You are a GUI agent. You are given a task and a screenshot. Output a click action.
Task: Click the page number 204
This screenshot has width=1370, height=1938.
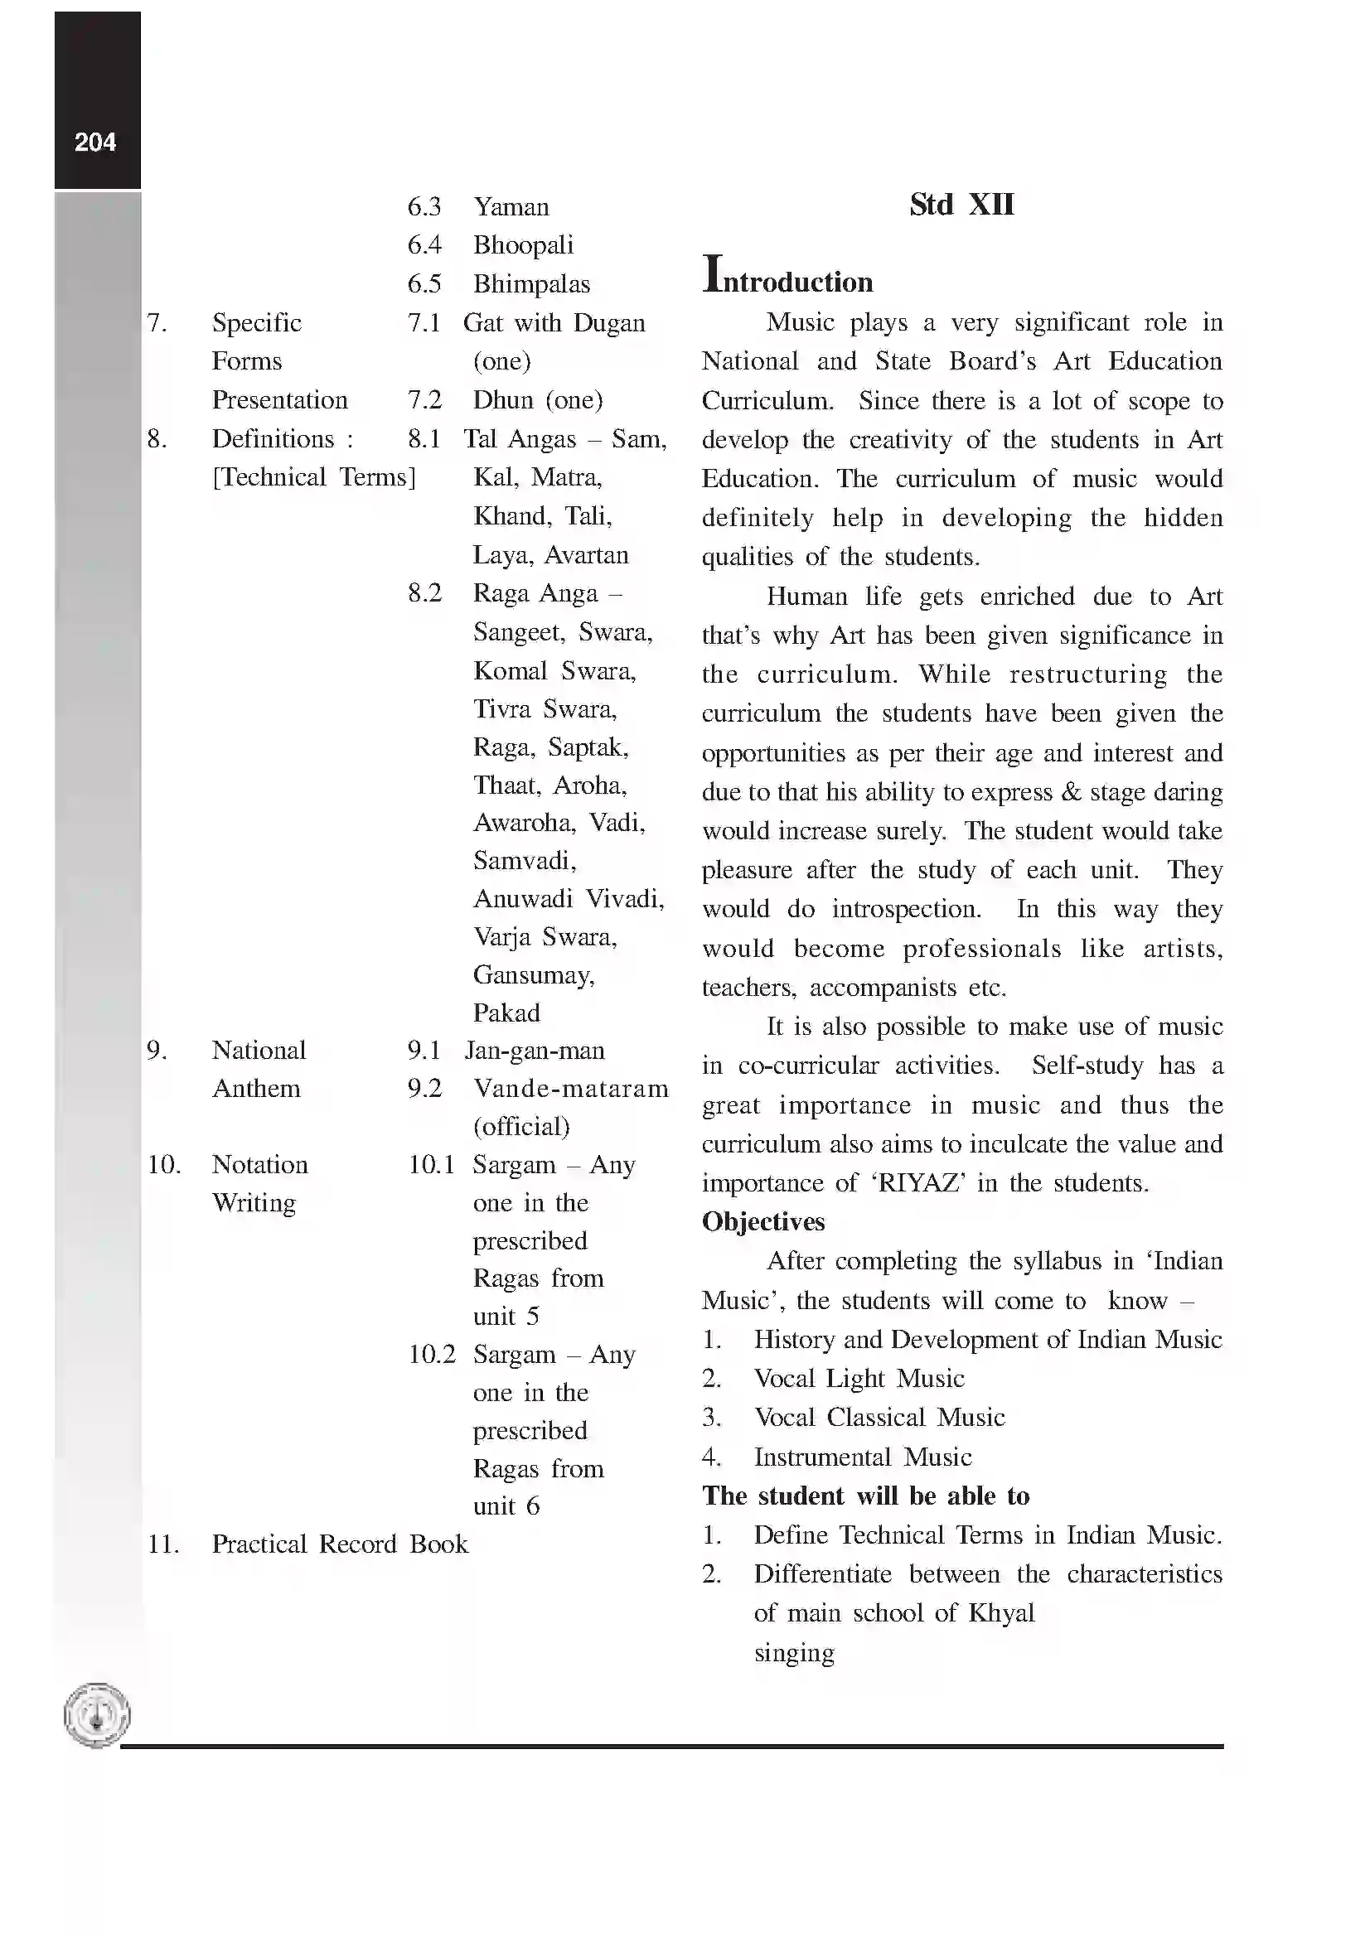coord(94,142)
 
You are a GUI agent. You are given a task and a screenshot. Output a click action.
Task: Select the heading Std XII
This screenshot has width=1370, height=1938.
coord(961,205)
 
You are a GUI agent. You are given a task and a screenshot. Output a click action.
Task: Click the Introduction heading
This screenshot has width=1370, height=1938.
coord(787,278)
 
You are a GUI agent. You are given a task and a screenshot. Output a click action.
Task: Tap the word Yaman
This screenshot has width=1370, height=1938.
coord(511,207)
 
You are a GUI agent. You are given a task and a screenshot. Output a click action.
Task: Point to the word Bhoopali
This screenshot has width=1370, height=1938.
coord(522,244)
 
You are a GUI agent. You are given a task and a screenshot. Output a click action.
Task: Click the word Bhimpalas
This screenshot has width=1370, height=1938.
coord(531,283)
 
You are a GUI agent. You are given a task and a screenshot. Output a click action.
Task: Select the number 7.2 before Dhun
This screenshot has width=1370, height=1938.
coord(424,399)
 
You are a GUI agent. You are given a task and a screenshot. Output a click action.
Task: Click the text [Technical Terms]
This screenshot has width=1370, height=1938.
coord(313,477)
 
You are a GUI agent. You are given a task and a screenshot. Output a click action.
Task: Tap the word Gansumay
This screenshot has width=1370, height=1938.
coord(534,975)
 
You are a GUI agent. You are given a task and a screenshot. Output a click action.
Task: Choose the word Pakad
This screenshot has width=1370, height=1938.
coord(506,1012)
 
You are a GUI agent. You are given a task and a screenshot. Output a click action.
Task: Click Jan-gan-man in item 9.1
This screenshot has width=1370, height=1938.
coord(535,1050)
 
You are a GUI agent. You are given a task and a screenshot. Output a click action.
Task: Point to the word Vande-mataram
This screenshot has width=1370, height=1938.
coord(570,1088)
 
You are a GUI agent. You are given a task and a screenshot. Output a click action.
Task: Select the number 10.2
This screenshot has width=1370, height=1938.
coord(431,1354)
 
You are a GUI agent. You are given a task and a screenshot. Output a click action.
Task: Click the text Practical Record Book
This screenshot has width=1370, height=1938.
coord(339,1544)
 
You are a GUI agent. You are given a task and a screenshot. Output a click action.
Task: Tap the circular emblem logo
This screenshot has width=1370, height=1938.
coord(97,1715)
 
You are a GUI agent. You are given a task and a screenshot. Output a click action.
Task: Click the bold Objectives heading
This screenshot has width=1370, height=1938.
coord(763,1221)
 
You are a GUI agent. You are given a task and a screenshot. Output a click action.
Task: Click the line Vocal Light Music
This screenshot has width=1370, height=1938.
coord(859,1379)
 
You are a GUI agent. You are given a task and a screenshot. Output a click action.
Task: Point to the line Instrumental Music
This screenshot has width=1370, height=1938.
coord(862,1456)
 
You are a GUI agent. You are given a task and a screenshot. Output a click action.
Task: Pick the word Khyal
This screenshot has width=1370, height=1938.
coord(1001,1613)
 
